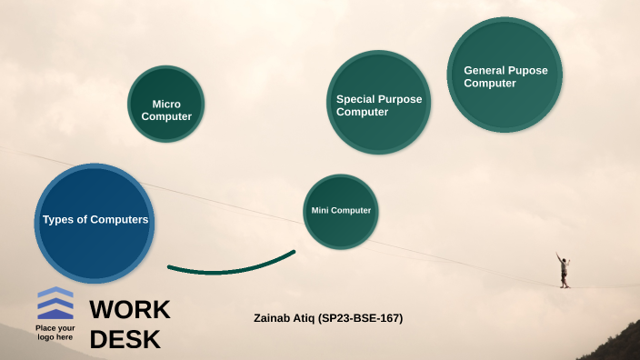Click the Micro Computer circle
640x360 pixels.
click(165, 104)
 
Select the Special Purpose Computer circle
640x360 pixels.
click(378, 101)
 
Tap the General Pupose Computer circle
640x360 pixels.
click(505, 75)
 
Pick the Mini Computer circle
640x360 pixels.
click(341, 211)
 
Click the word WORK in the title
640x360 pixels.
click(130, 309)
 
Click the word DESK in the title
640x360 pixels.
click(125, 340)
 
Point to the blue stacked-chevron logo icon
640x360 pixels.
click(55, 303)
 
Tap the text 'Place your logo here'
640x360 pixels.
click(55, 333)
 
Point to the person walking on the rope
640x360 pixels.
click(564, 270)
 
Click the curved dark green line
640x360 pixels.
click(231, 266)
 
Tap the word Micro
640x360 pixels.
click(166, 105)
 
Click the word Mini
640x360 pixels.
click(319, 211)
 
